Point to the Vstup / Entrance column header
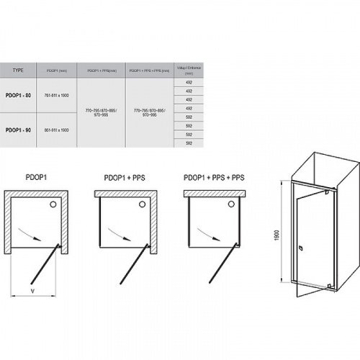[x=189, y=70]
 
